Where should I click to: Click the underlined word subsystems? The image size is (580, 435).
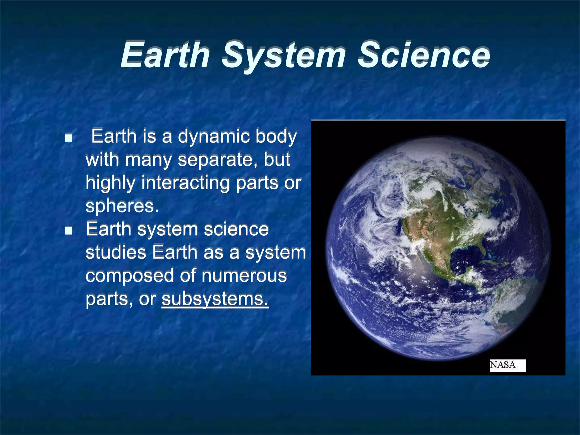(x=215, y=299)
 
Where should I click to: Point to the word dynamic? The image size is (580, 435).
(x=214, y=137)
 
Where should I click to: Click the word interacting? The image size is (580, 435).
(x=185, y=183)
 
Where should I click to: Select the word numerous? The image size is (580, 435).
(x=244, y=276)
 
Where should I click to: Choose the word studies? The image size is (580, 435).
(x=116, y=252)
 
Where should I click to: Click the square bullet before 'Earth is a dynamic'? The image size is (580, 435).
(x=68, y=138)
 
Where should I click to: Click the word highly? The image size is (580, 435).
(x=110, y=183)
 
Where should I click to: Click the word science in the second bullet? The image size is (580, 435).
(x=236, y=229)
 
